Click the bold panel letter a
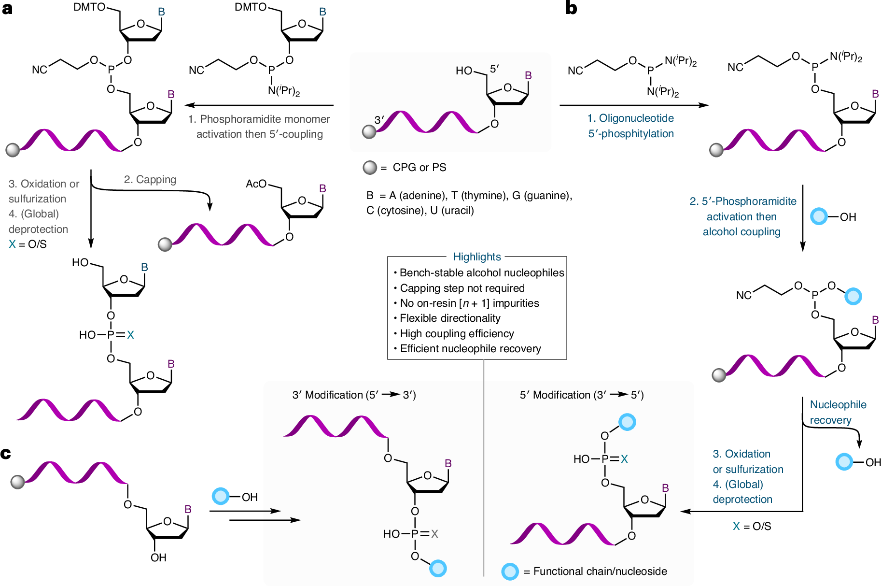7,9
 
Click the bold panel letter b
571,8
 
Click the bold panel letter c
6,454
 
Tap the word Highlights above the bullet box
477,257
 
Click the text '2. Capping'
150,179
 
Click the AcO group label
256,184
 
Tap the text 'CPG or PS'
420,167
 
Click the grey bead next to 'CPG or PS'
370,168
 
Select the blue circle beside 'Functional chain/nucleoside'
510,572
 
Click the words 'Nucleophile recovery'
838,412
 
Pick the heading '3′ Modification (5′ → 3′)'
354,395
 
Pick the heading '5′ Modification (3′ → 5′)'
582,395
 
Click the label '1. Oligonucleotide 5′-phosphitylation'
631,126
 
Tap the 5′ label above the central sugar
494,69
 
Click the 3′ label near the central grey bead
379,119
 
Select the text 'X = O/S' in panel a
28,244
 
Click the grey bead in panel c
18,482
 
